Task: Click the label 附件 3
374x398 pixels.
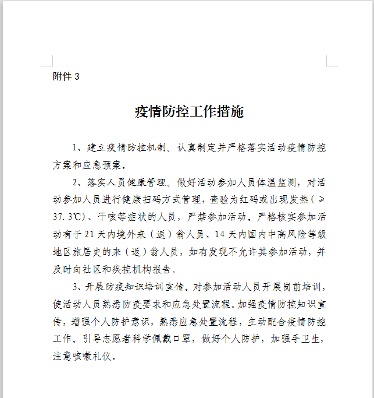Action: (66, 76)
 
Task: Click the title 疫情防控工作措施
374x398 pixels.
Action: (189, 112)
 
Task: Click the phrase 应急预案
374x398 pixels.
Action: (107, 165)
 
